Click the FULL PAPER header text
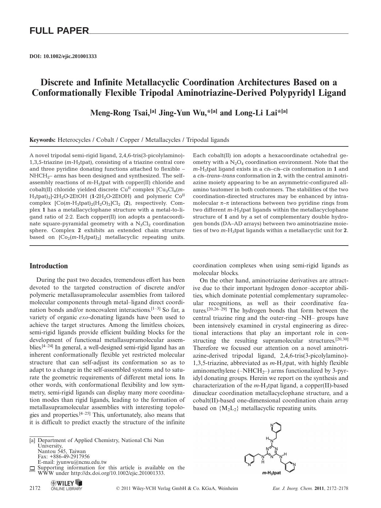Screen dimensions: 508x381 point(59,31)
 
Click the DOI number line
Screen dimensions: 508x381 point(63,56)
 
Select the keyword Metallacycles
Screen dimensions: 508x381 point(163,140)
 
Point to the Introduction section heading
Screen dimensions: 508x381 point(49,266)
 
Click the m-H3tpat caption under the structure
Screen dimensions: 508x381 point(271,473)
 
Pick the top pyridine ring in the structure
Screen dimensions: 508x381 point(276,427)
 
